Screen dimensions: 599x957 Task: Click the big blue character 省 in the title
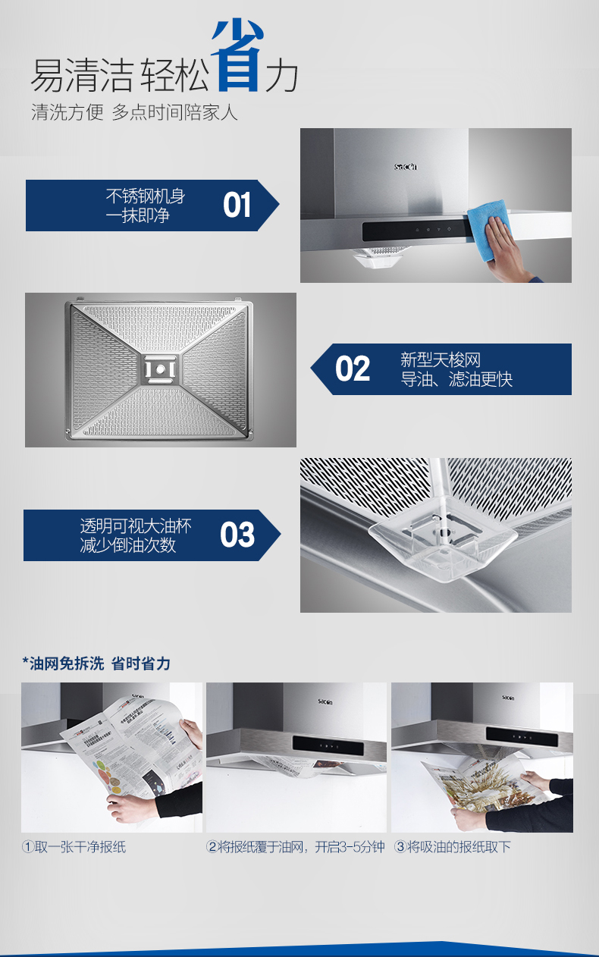[237, 55]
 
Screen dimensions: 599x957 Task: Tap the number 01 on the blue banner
[237, 205]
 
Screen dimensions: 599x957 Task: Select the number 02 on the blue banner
[353, 369]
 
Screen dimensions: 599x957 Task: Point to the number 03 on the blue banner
[237, 535]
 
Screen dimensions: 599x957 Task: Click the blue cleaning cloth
[488, 230]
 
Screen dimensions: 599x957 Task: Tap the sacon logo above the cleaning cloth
[406, 167]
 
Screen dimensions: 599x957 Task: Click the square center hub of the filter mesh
[160, 369]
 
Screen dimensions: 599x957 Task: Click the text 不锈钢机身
[146, 196]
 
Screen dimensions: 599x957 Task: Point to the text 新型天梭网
[441, 359]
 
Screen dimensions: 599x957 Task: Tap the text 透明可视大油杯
[136, 526]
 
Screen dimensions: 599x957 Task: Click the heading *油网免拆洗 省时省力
[96, 664]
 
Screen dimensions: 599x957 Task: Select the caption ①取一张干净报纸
[74, 847]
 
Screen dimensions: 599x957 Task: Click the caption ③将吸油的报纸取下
[453, 847]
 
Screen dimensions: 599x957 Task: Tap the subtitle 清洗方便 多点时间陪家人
[134, 112]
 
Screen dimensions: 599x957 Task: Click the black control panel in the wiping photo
[417, 231]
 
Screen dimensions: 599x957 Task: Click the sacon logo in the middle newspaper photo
[325, 701]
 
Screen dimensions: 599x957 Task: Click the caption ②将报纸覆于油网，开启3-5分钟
[296, 847]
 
